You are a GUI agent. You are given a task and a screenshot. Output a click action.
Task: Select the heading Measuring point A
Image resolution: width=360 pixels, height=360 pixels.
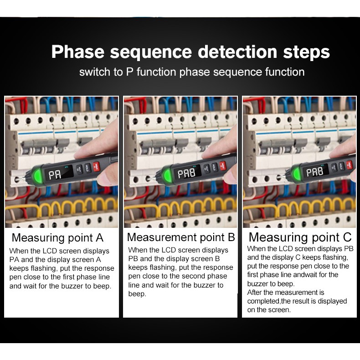tap(57, 237)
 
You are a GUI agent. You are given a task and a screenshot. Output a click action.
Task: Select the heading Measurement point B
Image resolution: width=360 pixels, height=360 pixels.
tap(181, 237)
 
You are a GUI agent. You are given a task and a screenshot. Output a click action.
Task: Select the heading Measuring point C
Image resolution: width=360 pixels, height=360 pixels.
tap(300, 237)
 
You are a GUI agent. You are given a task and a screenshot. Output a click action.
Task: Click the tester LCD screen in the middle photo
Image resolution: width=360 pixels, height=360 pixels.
tap(186, 173)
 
